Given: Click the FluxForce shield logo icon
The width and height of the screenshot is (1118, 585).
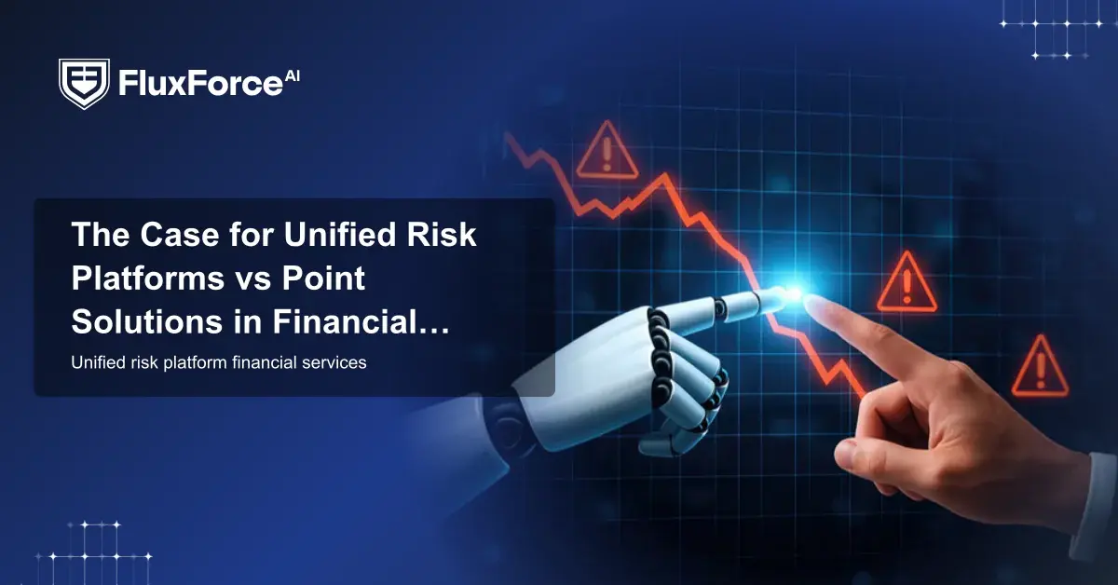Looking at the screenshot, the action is (84, 83).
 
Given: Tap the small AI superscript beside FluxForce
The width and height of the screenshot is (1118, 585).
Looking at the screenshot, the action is (292, 75).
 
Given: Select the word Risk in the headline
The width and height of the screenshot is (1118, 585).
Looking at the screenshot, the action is (442, 234).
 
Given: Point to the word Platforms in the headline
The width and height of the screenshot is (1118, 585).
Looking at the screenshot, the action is (148, 278).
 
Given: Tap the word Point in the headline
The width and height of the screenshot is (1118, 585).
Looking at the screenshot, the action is (323, 278).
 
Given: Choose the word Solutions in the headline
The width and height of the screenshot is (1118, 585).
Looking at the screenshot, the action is (147, 322).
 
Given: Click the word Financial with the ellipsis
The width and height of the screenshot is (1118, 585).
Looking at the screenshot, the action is (361, 322).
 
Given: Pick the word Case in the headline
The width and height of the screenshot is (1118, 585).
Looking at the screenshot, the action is (180, 234).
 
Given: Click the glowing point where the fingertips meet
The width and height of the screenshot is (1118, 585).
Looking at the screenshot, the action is (794, 293).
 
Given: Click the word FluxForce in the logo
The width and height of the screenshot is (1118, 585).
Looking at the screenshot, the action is (200, 83).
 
